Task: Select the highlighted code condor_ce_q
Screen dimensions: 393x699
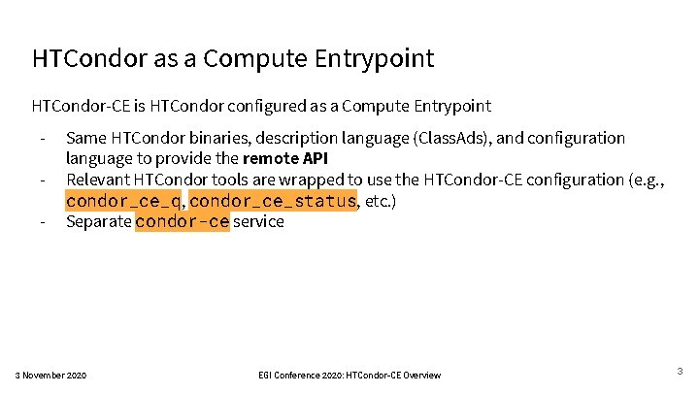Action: point(123,201)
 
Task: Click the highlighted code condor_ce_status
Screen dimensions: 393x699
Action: point(274,201)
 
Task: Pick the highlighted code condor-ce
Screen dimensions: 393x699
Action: point(183,221)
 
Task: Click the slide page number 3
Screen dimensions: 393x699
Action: point(680,371)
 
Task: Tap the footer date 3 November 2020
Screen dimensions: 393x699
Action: point(51,376)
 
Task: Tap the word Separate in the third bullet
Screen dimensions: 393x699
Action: point(98,221)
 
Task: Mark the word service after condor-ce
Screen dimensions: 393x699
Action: point(259,221)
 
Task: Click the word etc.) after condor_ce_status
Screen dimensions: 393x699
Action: point(382,201)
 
